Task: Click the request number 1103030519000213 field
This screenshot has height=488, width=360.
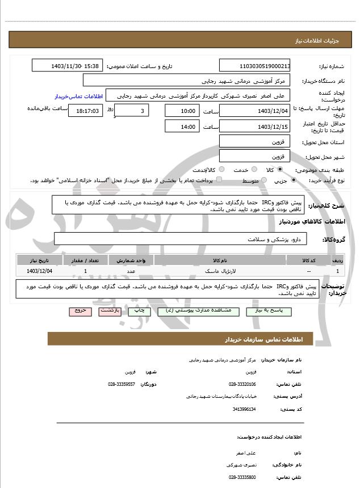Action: [254, 66]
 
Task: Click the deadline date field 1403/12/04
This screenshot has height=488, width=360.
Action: [254, 111]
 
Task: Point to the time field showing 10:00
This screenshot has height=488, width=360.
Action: [182, 111]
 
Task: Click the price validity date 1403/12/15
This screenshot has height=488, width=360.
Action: [254, 127]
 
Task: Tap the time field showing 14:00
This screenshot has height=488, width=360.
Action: [182, 127]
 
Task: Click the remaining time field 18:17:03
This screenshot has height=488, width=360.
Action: [85, 111]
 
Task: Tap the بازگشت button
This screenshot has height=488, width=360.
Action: [108, 312]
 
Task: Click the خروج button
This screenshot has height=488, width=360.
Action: [78, 312]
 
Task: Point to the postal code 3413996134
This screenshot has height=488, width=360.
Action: [245, 409]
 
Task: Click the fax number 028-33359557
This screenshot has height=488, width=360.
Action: [121, 384]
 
